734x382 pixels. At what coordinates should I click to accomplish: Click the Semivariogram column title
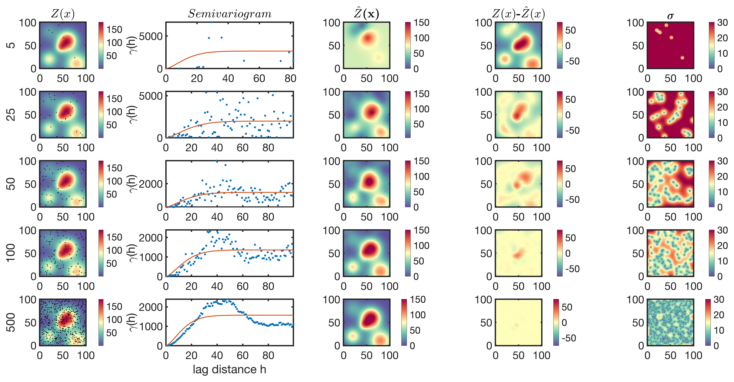[x=230, y=14]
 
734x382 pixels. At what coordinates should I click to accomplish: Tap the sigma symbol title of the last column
[x=670, y=16]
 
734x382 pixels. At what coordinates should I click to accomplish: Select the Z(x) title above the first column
[x=63, y=14]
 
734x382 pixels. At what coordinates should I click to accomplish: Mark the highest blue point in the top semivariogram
[x=211, y=22]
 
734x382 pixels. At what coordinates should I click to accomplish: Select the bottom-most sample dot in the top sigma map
[x=682, y=58]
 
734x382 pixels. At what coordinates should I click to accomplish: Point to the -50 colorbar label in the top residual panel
[x=572, y=61]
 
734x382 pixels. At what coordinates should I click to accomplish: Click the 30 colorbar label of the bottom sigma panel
[x=719, y=300]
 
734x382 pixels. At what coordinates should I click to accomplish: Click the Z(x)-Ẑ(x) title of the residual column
[x=519, y=14]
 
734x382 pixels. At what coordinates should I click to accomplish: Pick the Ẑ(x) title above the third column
[x=366, y=14]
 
